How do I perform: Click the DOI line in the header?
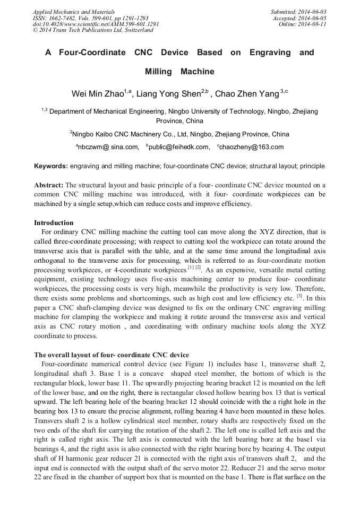coord(96,24)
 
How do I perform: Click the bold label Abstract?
coord(48,185)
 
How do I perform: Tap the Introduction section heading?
coord(54,223)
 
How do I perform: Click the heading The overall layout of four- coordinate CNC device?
coord(112,355)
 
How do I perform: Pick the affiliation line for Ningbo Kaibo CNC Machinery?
coord(179,134)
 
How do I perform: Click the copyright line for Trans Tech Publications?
coord(93,30)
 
